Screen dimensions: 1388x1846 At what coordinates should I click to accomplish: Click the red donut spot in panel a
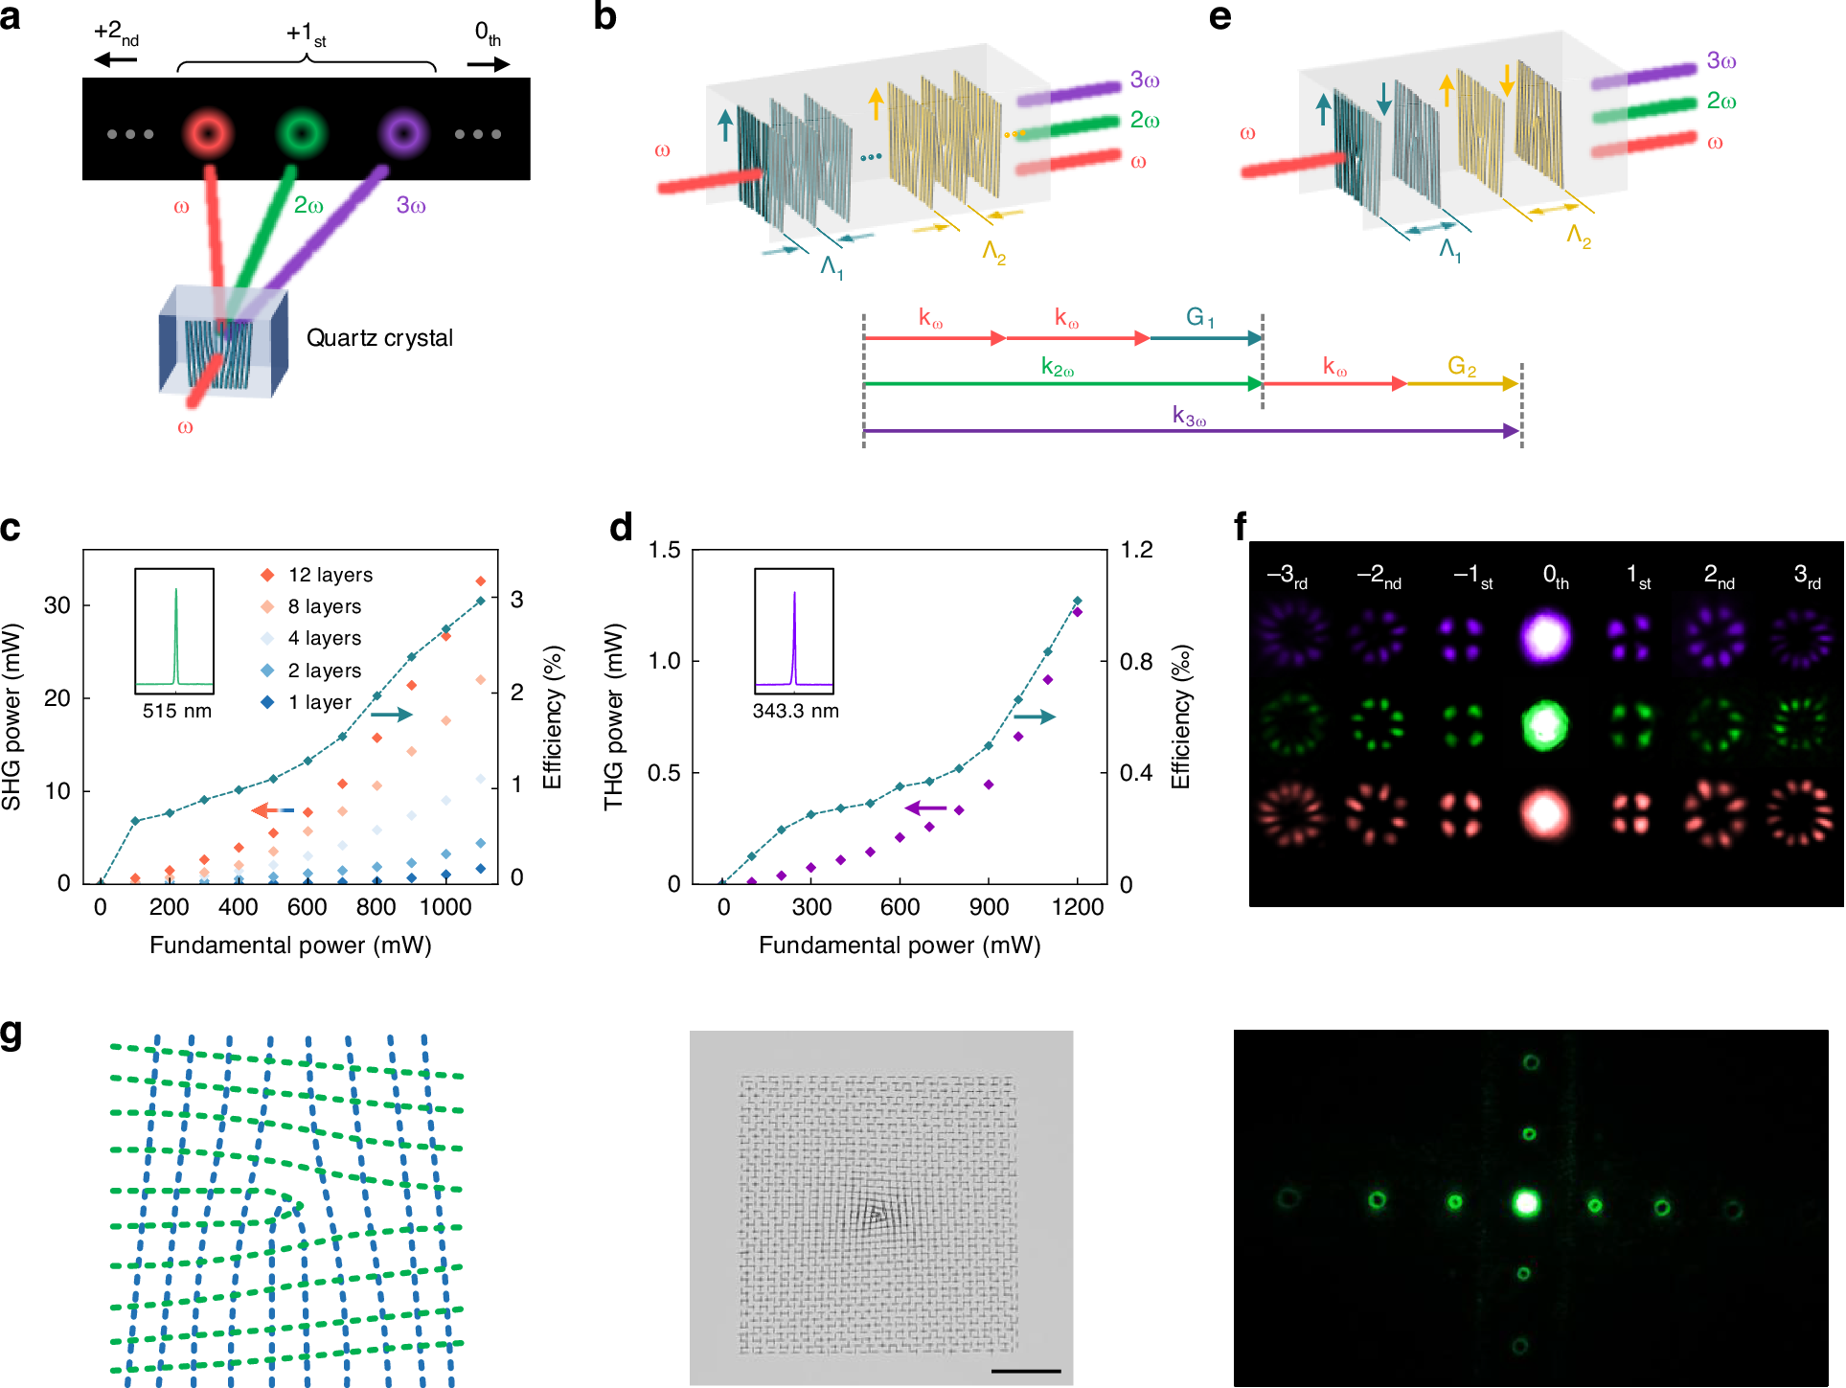tap(208, 132)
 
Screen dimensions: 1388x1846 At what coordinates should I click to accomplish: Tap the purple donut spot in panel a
tap(402, 132)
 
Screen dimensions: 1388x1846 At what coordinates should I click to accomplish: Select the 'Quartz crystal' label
tap(379, 338)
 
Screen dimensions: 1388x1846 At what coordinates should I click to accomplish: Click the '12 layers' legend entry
tap(330, 575)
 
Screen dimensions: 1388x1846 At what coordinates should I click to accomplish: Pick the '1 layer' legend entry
tap(319, 702)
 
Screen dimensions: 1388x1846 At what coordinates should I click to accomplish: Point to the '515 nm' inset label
tap(176, 711)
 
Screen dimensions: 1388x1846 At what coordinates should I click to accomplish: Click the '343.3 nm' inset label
tap(795, 711)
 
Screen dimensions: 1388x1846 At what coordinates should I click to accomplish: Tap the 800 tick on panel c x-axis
tap(376, 907)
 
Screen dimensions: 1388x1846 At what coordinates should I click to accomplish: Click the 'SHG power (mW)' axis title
tap(12, 717)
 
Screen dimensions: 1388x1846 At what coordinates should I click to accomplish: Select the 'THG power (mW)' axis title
tap(614, 717)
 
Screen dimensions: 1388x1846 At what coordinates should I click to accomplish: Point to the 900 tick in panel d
tap(988, 907)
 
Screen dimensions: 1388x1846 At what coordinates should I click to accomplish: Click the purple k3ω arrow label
tap(1189, 416)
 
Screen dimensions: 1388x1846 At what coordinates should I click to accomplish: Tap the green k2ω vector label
tap(1058, 368)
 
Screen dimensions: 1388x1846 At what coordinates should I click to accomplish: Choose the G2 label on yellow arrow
tap(1461, 366)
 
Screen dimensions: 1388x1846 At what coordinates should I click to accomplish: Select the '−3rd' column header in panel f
tap(1287, 576)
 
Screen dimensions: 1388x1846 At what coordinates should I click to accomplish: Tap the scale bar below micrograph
tap(1025, 1371)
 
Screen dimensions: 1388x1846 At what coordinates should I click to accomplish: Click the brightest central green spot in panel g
tap(1525, 1203)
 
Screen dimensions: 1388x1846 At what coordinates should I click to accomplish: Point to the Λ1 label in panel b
tap(832, 265)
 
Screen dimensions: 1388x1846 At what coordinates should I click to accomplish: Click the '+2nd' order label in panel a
tap(116, 33)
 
